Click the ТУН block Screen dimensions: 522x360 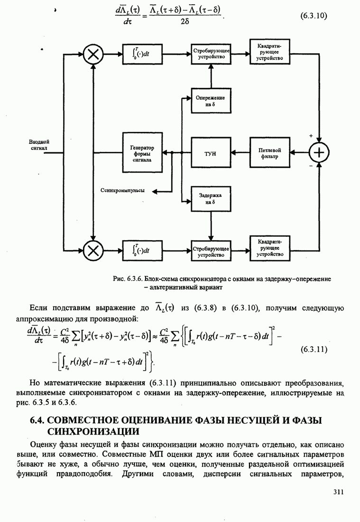pos(210,153)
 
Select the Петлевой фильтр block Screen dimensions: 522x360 pos(269,153)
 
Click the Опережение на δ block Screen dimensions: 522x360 pos(210,100)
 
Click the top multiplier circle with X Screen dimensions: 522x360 pos(94,54)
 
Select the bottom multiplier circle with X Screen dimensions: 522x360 pos(94,250)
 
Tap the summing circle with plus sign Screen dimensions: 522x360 pos(320,152)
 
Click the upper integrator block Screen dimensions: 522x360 pos(142,54)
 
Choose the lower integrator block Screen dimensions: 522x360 pos(142,250)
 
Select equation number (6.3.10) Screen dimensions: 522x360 pos(314,16)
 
